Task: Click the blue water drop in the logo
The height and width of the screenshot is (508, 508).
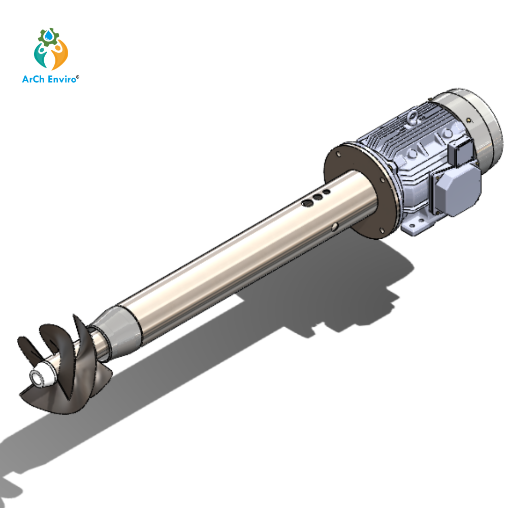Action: [x=49, y=36]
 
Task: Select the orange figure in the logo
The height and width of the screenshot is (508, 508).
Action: [x=60, y=55]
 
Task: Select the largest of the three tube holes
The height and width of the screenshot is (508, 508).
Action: [x=307, y=203]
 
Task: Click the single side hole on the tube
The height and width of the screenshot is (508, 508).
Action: [x=334, y=227]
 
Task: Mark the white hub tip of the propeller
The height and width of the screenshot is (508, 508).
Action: [x=39, y=377]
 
